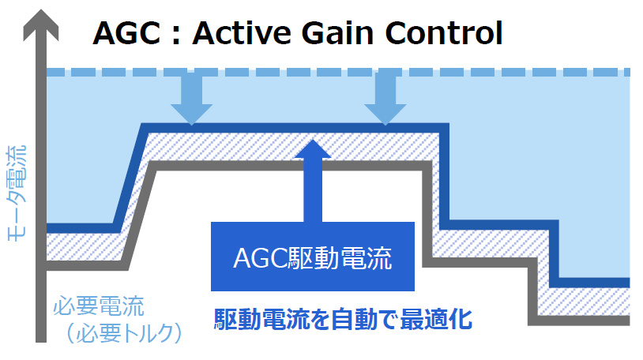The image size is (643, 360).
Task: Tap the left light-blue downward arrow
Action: (x=191, y=99)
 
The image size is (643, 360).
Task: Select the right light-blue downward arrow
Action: (x=385, y=99)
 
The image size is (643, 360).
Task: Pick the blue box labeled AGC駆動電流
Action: (x=313, y=257)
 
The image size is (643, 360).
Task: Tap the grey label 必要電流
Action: (x=100, y=306)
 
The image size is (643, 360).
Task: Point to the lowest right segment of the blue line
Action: (x=592, y=282)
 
